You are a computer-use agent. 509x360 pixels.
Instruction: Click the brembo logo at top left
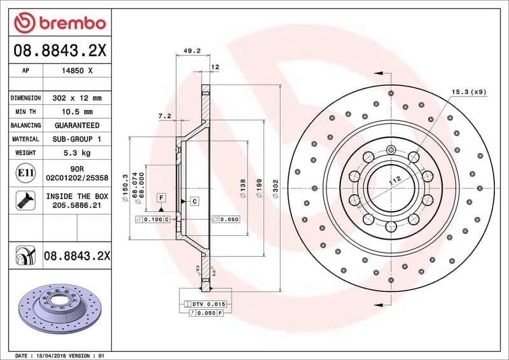click(x=59, y=23)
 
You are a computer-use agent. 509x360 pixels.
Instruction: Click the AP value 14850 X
click(x=76, y=71)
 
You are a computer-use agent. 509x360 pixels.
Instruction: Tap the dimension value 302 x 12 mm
click(x=76, y=99)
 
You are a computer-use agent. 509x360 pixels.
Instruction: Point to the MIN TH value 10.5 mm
click(x=76, y=112)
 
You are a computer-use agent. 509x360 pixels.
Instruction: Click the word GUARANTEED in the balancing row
click(x=76, y=125)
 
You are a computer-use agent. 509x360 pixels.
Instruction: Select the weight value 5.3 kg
click(x=76, y=153)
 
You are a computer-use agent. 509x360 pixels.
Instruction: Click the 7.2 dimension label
click(x=165, y=116)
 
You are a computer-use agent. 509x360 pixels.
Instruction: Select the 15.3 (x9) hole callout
click(x=469, y=92)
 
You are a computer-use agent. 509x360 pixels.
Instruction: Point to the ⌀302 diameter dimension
click(x=275, y=188)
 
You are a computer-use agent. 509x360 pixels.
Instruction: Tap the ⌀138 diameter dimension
click(x=243, y=188)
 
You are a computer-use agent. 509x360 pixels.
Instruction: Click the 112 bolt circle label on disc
click(x=394, y=182)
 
